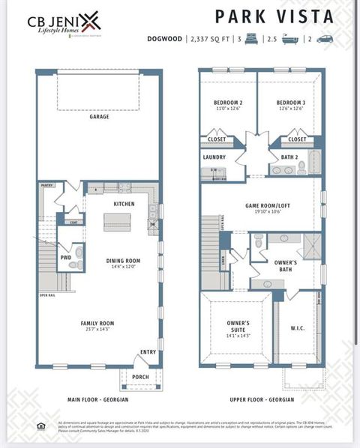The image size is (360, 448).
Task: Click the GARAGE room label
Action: click(x=99, y=117)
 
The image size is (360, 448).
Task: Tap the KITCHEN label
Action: click(x=124, y=204)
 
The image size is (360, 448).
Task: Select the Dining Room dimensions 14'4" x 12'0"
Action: click(x=123, y=267)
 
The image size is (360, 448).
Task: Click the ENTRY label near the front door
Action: click(x=148, y=351)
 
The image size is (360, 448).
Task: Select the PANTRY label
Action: click(x=47, y=184)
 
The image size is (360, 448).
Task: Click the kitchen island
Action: click(x=117, y=222)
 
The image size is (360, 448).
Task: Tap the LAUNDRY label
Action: click(x=214, y=157)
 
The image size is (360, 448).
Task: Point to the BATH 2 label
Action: click(x=289, y=157)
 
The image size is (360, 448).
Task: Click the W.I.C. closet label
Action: click(x=297, y=327)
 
